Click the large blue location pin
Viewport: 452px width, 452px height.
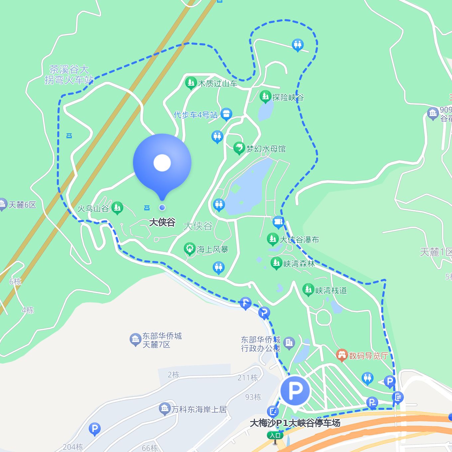click(162, 163)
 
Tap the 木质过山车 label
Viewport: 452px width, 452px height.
click(218, 83)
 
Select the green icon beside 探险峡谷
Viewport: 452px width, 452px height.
click(265, 96)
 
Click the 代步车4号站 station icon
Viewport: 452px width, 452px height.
click(226, 115)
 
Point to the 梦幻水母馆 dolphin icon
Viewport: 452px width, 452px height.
click(239, 148)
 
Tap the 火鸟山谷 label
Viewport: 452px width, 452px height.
click(93, 209)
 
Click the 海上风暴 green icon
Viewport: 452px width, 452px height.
click(190, 249)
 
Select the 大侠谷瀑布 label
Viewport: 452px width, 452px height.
click(299, 240)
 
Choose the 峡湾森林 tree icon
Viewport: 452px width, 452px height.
click(276, 263)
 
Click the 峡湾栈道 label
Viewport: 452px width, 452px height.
click(331, 290)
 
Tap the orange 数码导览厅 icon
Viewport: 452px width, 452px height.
click(342, 355)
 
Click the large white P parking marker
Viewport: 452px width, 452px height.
click(295, 391)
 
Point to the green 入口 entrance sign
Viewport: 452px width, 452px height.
click(275, 435)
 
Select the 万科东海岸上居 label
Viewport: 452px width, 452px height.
click(199, 409)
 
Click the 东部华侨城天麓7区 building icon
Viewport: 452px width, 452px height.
click(135, 340)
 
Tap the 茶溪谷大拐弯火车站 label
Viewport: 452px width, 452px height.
click(69, 75)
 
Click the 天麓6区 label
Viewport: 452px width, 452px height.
click(22, 205)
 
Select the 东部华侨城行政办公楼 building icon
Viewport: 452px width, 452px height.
click(289, 343)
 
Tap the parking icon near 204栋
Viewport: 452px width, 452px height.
click(95, 429)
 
